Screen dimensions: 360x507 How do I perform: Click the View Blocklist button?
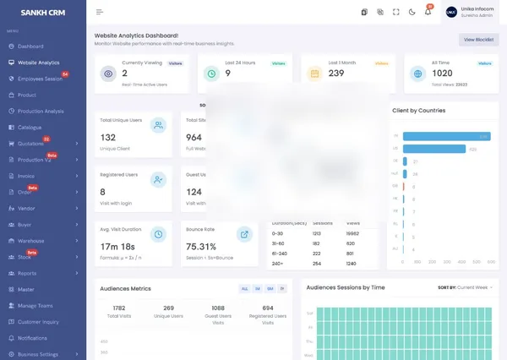(x=478, y=40)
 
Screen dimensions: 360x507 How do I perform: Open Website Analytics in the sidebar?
(x=38, y=63)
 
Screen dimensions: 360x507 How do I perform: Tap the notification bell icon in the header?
(x=428, y=12)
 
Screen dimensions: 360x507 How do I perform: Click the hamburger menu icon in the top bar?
(x=100, y=12)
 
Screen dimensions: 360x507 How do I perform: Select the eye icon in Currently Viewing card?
(x=107, y=74)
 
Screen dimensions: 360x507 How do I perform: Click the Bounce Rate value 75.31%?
(x=202, y=247)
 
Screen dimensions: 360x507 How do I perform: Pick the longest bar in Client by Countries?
(x=446, y=136)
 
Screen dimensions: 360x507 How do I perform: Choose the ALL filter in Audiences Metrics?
(x=245, y=288)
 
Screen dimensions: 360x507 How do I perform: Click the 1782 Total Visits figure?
(x=118, y=308)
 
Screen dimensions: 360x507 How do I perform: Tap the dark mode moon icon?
(x=412, y=12)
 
